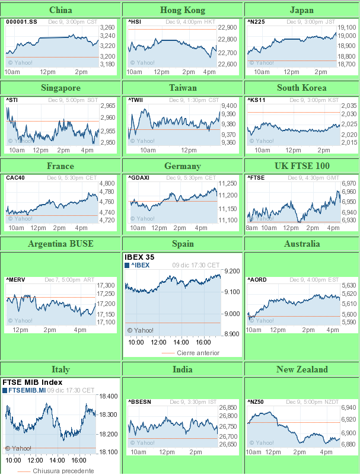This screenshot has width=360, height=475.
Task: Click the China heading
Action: tap(61, 10)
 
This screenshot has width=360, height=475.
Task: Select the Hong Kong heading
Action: tap(183, 10)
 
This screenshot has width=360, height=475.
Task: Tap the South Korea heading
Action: tap(302, 88)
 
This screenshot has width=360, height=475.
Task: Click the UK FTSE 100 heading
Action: tap(302, 166)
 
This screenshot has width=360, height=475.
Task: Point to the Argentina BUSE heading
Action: tap(60, 244)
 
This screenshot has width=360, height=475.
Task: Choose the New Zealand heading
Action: tap(302, 369)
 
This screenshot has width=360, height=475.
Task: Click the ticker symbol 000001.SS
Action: tap(21, 22)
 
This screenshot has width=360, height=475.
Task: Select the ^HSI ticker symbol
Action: tap(136, 22)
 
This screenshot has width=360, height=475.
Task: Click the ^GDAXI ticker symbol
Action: tap(139, 177)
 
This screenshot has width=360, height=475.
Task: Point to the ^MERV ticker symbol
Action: tap(15, 279)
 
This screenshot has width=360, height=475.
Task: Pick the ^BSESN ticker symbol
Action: tap(140, 402)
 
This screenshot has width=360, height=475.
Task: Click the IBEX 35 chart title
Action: tap(142, 257)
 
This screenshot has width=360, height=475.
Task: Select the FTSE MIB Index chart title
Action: tap(33, 382)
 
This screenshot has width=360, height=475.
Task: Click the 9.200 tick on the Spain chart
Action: tap(232, 271)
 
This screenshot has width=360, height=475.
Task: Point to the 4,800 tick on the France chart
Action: tap(107, 184)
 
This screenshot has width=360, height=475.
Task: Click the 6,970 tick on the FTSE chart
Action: tap(349, 184)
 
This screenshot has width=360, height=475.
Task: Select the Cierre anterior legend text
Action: tap(199, 353)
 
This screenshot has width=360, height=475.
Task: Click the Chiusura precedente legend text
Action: tap(63, 471)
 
